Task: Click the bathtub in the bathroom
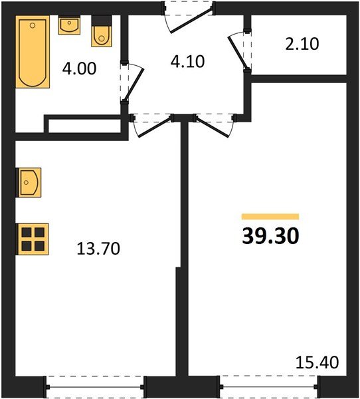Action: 32,53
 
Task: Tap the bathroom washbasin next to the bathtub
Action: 68,26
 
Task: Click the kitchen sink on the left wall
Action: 30,182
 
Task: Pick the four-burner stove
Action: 33,238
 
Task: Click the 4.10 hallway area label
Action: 187,62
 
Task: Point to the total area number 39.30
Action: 270,236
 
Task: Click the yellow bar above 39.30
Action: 270,217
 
